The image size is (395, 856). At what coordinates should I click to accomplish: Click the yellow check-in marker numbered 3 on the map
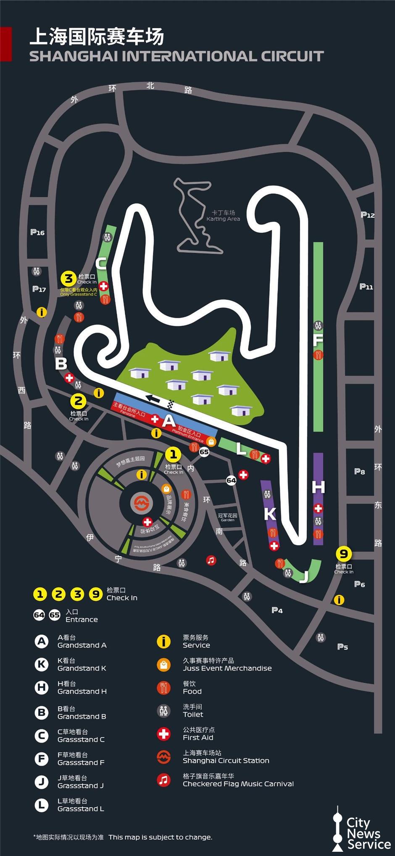[x=68, y=278]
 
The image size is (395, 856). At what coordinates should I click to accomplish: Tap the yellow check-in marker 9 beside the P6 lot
[x=344, y=554]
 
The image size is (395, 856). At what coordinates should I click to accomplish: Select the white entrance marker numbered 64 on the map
[x=231, y=480]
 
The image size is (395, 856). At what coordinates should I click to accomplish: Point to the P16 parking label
[x=37, y=232]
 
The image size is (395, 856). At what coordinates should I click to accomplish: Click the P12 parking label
[x=368, y=215]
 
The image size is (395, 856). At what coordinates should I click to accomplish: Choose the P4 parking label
[x=277, y=610]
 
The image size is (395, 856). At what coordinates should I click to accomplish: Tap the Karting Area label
[x=223, y=216]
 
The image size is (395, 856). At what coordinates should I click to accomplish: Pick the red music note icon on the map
[x=211, y=560]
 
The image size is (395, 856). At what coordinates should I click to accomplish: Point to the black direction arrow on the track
[x=153, y=399]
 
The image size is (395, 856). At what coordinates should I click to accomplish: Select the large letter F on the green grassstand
[x=318, y=340]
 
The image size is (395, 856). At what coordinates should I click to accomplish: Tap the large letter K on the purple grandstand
[x=270, y=513]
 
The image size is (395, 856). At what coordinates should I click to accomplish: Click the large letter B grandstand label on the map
[x=61, y=363]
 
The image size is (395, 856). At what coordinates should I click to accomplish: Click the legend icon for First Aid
[x=163, y=734]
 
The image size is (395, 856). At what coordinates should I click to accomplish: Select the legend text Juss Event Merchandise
[x=227, y=668]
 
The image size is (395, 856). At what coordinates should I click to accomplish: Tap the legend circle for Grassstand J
[x=41, y=782]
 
